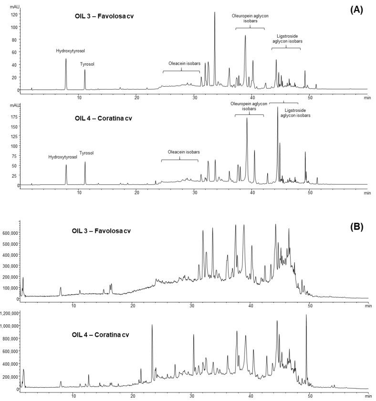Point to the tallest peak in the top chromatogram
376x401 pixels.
(215, 13)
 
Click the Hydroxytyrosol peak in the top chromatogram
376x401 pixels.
(66, 60)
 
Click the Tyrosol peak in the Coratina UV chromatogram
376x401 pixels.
(85, 163)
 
